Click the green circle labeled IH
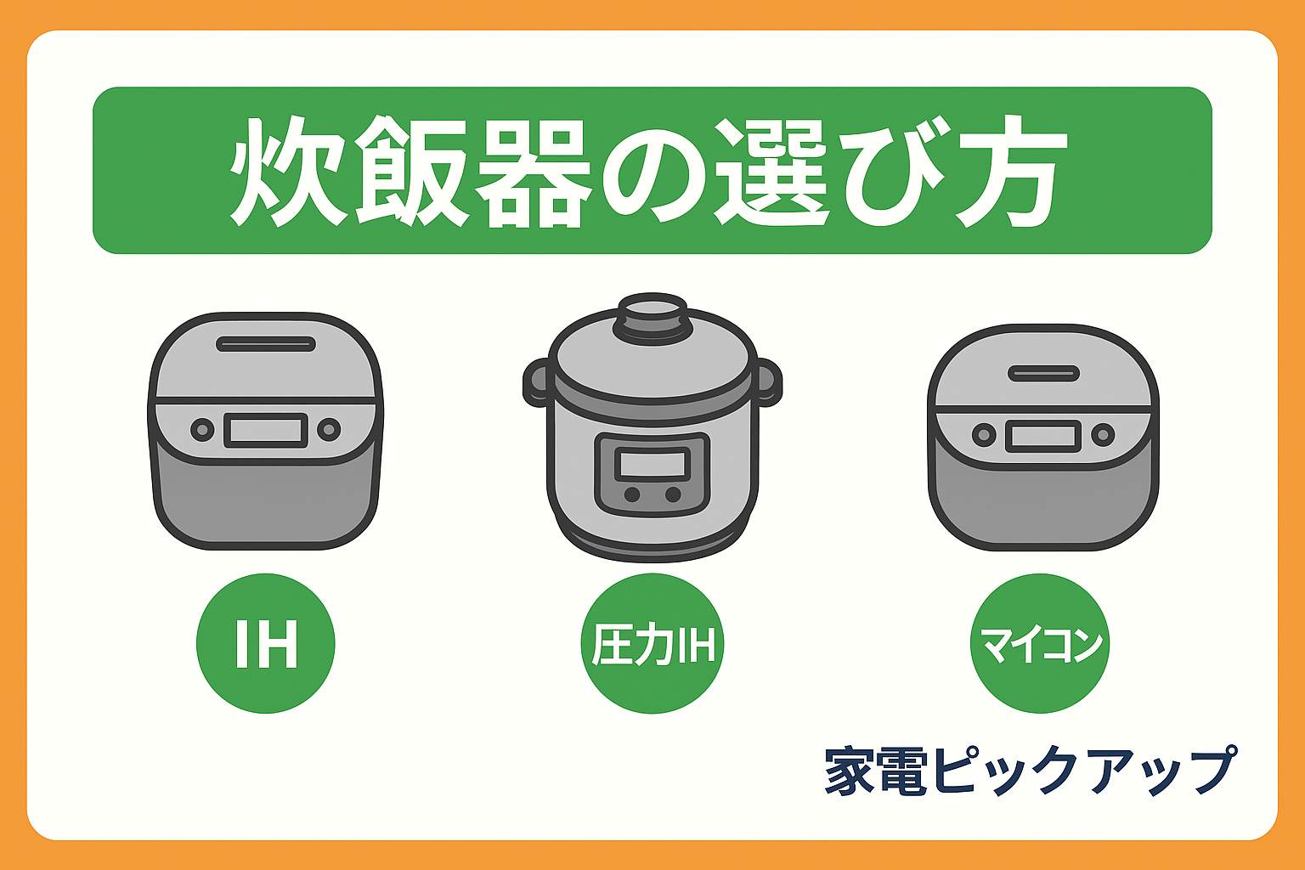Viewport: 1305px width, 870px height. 266,643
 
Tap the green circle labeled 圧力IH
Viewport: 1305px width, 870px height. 652,643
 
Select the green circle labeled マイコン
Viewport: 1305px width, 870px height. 1040,643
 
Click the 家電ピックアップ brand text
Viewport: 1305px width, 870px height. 1030,771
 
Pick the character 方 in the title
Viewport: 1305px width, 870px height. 1011,172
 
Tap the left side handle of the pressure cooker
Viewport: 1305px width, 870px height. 535,383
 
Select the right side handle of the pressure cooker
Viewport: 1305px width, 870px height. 769,383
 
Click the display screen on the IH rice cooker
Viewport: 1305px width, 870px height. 266,431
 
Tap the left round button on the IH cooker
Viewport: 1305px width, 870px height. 202,430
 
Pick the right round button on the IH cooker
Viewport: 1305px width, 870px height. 329,430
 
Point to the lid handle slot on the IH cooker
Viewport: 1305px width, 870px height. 266,344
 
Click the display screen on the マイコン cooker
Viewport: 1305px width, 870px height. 1042,436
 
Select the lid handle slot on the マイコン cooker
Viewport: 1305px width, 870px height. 1043,373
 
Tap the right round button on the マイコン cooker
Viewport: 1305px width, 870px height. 1103,435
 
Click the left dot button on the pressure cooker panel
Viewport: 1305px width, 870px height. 632,494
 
